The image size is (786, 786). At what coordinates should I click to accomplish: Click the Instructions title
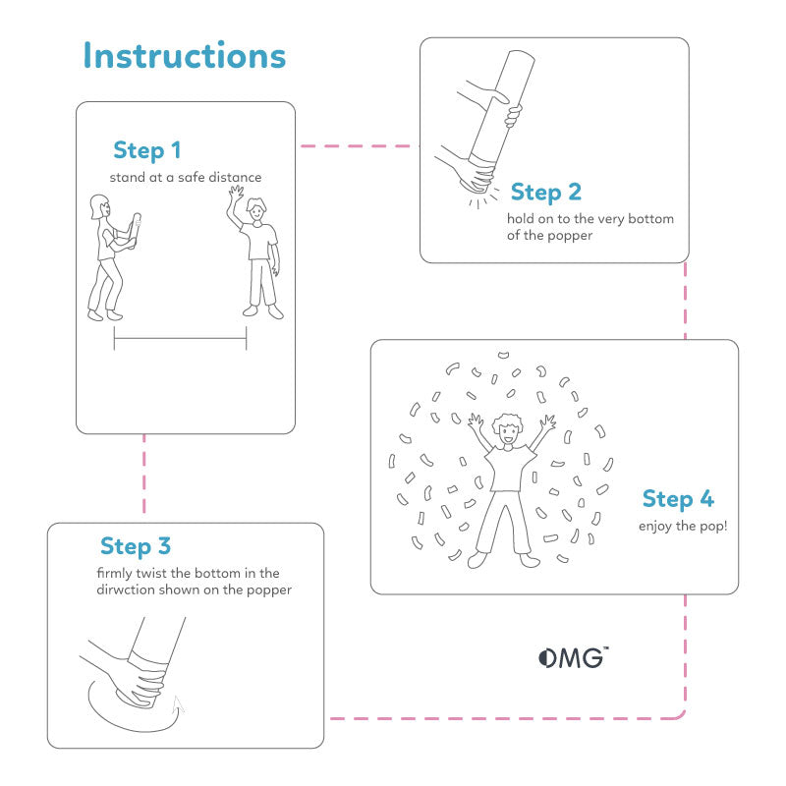(x=184, y=55)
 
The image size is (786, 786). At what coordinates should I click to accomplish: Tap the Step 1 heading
(x=147, y=150)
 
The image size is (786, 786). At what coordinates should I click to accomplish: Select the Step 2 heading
(x=545, y=192)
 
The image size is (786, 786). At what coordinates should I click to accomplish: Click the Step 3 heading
(x=136, y=546)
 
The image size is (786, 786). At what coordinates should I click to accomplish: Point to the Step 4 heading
(x=678, y=499)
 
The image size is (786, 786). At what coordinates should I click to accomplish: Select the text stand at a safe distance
(x=186, y=177)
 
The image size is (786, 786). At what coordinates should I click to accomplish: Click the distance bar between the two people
(x=180, y=338)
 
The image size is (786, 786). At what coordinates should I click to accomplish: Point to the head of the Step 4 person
(x=508, y=428)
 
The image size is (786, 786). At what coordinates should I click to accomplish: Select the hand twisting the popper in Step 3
(x=138, y=678)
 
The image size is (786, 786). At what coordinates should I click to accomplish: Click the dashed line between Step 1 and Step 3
(x=144, y=477)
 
